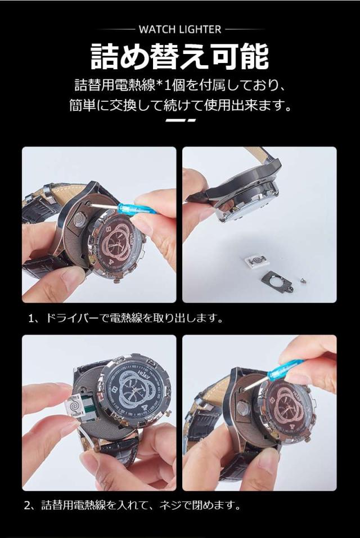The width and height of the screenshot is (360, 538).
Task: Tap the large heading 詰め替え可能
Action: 179,57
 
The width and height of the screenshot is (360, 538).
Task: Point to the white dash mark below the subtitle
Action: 181,120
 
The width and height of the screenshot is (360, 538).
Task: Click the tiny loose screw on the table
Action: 303,281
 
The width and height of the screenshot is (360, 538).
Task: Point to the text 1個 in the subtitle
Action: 174,86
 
